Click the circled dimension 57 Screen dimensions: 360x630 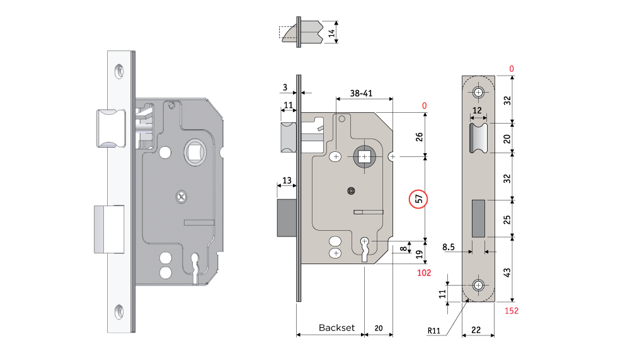coord(418,199)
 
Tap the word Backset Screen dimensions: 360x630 coord(336,328)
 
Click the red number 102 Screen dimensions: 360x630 coord(424,273)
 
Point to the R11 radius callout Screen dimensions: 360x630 coord(433,330)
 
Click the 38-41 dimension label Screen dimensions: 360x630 coord(364,92)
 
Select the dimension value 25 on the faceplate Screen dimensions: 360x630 coord(508,219)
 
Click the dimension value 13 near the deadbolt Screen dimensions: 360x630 coord(287,181)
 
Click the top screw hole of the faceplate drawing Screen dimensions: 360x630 coord(479,93)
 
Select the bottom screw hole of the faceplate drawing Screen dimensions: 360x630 coord(479,285)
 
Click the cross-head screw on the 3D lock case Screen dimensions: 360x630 coord(181,197)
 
